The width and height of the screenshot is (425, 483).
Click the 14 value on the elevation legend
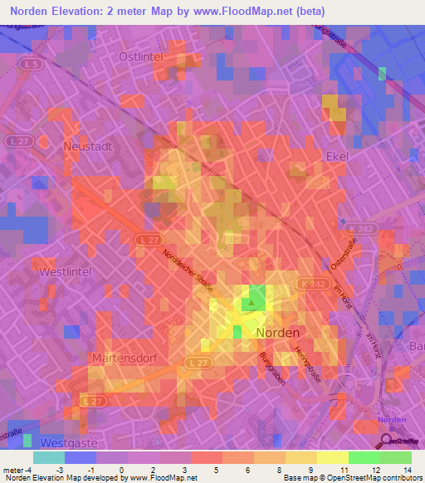(408, 470)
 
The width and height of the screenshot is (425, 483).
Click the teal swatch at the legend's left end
(48, 457)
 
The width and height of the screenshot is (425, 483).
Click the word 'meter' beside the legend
(14, 470)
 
